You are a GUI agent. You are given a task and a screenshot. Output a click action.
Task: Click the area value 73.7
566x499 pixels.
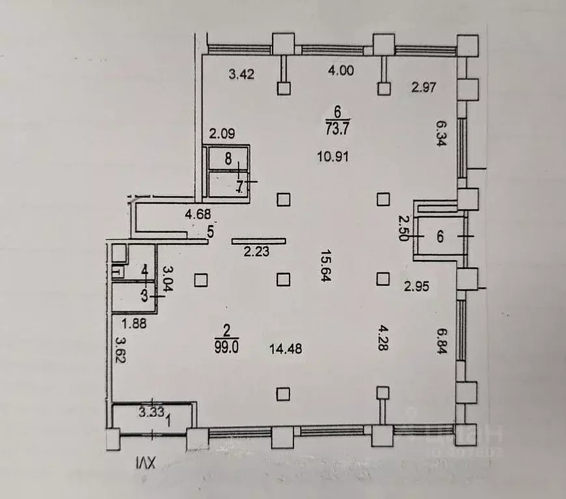[x=338, y=128]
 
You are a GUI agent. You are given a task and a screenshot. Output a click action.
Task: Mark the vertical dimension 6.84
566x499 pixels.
[x=442, y=338]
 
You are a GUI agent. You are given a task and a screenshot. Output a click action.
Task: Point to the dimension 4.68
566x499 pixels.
[x=197, y=214]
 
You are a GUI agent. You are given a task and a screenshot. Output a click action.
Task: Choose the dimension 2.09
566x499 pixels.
[x=221, y=134]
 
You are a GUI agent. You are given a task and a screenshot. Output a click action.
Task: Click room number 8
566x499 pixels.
[x=228, y=157]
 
